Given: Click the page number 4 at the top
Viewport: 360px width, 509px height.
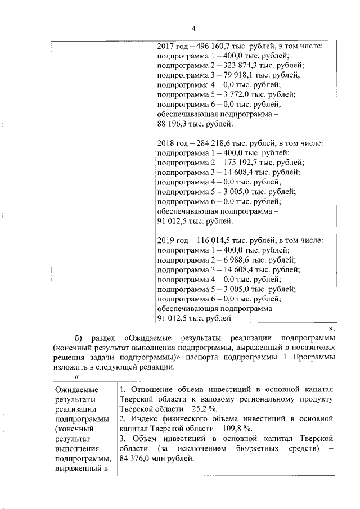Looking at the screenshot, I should [x=192, y=29].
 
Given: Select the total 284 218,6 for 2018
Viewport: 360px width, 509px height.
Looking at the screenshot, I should [x=210, y=143].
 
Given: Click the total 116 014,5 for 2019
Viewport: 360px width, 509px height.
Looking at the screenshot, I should [x=210, y=240].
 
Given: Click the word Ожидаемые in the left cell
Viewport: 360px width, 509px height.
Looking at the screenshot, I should [x=76, y=389].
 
